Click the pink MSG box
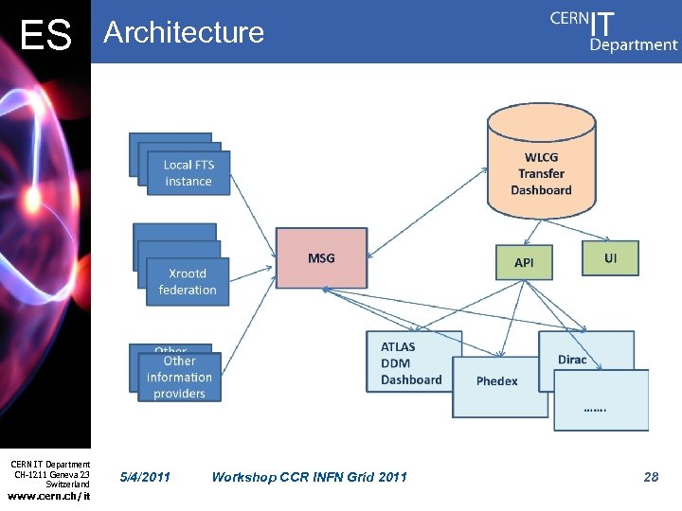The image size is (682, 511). (321, 257)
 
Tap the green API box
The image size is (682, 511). (524, 262)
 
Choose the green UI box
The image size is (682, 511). (610, 257)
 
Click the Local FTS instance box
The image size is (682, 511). (188, 172)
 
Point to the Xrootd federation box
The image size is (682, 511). (188, 281)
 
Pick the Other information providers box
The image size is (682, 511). (179, 377)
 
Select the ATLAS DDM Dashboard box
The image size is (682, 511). (409, 361)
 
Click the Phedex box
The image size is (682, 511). (497, 381)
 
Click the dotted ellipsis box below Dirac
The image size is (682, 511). (601, 401)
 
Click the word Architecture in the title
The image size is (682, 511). (184, 32)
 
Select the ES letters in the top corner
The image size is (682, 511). (45, 36)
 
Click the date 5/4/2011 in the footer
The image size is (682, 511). (146, 477)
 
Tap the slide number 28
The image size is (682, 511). (651, 477)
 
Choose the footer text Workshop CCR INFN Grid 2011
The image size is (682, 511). (309, 477)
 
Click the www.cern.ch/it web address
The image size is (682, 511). (48, 495)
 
